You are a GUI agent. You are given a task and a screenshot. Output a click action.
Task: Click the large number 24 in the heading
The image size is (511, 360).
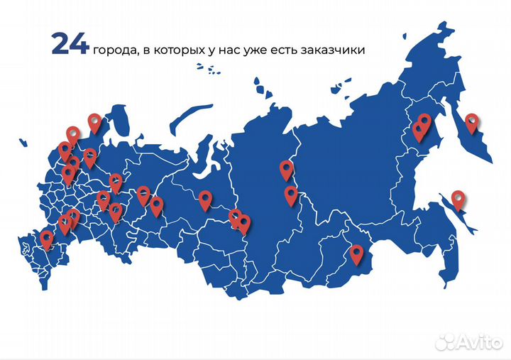pos(70,44)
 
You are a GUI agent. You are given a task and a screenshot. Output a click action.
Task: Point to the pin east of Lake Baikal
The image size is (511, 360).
pos(356,253)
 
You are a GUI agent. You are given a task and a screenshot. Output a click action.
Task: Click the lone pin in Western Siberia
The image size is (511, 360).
pos(205,200)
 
